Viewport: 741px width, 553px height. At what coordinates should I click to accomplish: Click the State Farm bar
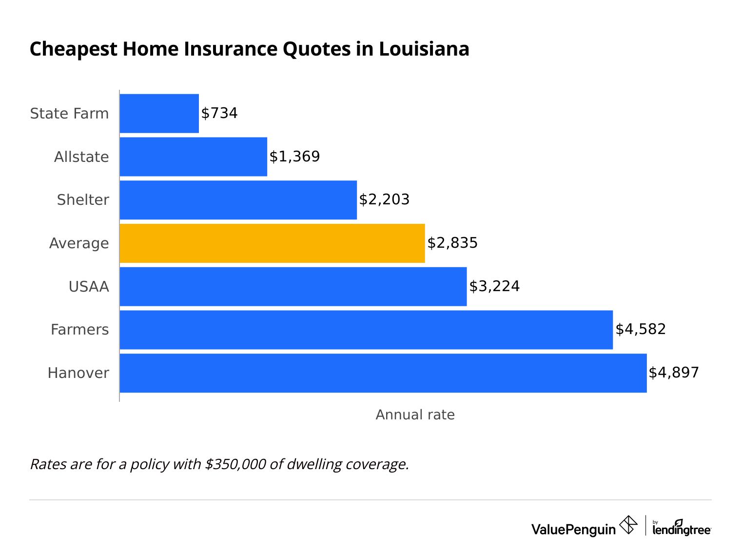pos(159,113)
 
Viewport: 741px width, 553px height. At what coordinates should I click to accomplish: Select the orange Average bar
pos(272,243)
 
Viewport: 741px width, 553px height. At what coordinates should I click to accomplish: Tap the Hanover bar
pos(383,373)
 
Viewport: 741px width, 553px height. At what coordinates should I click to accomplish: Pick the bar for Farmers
pos(366,330)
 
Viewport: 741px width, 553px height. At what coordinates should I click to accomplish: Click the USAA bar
pos(292,286)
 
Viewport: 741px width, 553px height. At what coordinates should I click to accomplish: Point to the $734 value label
pos(219,113)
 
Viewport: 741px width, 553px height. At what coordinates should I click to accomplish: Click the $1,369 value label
pos(294,157)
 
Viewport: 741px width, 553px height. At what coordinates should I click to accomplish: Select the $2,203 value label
pos(384,199)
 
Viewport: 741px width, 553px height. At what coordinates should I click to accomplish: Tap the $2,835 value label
pos(452,243)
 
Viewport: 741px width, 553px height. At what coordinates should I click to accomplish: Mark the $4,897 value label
pos(674,373)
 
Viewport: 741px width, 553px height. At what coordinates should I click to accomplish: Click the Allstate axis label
pos(81,157)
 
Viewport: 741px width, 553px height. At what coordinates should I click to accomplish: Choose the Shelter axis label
pos(83,200)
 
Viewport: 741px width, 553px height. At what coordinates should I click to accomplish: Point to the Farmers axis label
pos(79,330)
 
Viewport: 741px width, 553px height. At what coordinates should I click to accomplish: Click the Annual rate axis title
pos(415,415)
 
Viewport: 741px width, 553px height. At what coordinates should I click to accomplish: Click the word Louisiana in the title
pos(424,49)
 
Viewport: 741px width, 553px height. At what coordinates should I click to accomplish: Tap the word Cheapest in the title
pos(74,49)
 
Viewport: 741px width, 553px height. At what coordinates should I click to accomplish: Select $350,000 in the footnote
pos(235,464)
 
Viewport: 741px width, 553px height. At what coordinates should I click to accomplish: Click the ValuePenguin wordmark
pos(573,529)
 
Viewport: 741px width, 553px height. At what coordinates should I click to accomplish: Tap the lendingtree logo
pos(682,528)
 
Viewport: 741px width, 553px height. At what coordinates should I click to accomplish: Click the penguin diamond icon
pos(628,525)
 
